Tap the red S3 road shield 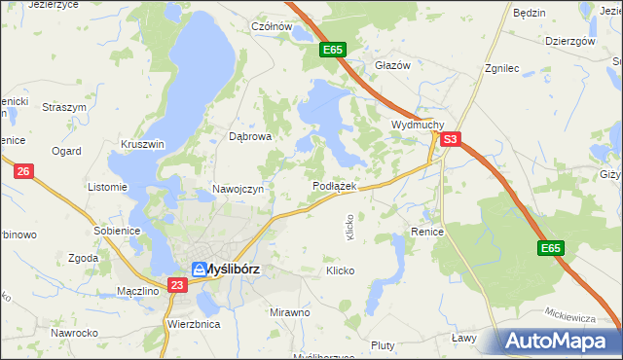[449, 140]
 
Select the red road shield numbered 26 [24, 171]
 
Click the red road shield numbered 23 [176, 285]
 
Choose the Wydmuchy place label [418, 126]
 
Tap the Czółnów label [273, 27]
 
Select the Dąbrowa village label [250, 137]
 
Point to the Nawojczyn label [238, 190]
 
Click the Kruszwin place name [143, 144]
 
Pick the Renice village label [427, 233]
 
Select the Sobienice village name [118, 231]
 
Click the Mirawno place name [290, 312]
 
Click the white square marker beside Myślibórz [199, 270]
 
